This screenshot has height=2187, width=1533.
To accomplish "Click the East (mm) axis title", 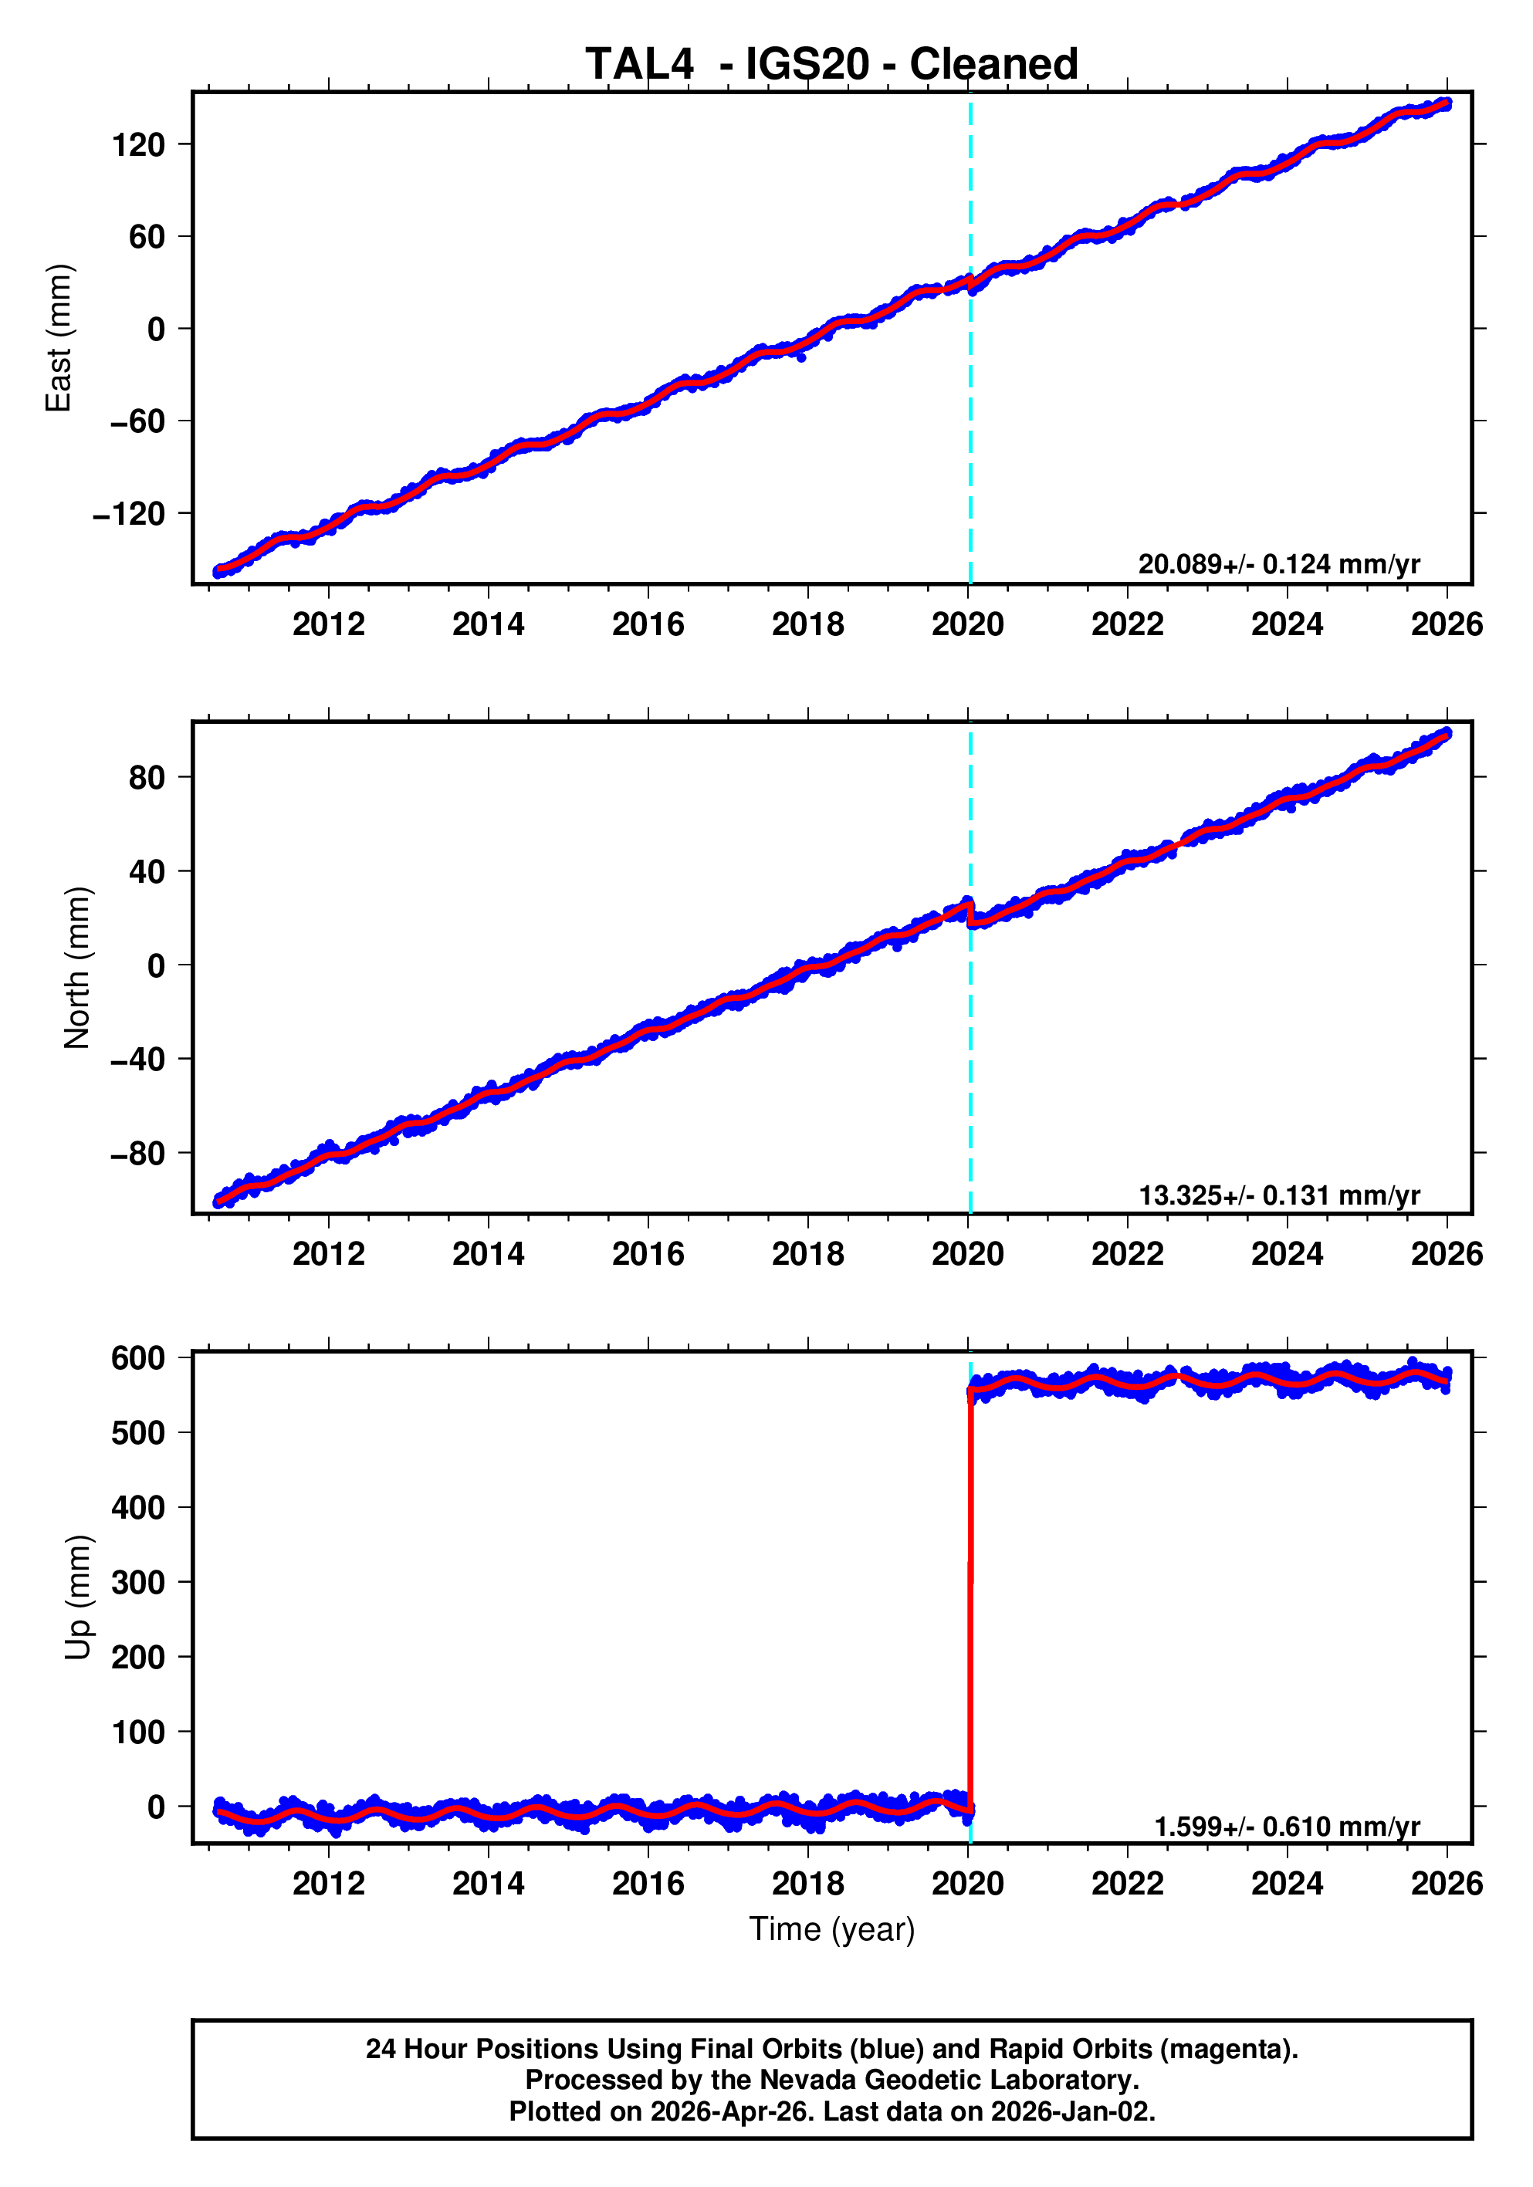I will (59, 338).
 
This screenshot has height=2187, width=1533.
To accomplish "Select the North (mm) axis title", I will (76, 968).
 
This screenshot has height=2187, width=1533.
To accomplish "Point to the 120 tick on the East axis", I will (138, 145).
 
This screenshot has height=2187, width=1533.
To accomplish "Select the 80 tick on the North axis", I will (147, 777).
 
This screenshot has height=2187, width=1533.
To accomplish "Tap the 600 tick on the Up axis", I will (138, 1357).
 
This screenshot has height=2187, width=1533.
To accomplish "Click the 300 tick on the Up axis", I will (138, 1582).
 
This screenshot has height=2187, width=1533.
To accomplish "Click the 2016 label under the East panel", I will (648, 625).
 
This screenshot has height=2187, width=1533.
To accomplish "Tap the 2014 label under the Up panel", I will (488, 1884).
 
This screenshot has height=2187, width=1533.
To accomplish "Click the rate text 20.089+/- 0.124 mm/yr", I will (1278, 565).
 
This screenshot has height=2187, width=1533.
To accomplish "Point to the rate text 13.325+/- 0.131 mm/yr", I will (1278, 1195).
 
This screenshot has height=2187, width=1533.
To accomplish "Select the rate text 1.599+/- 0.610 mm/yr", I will (1286, 1827).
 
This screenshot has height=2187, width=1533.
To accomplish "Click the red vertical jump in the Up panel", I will (970, 1601).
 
